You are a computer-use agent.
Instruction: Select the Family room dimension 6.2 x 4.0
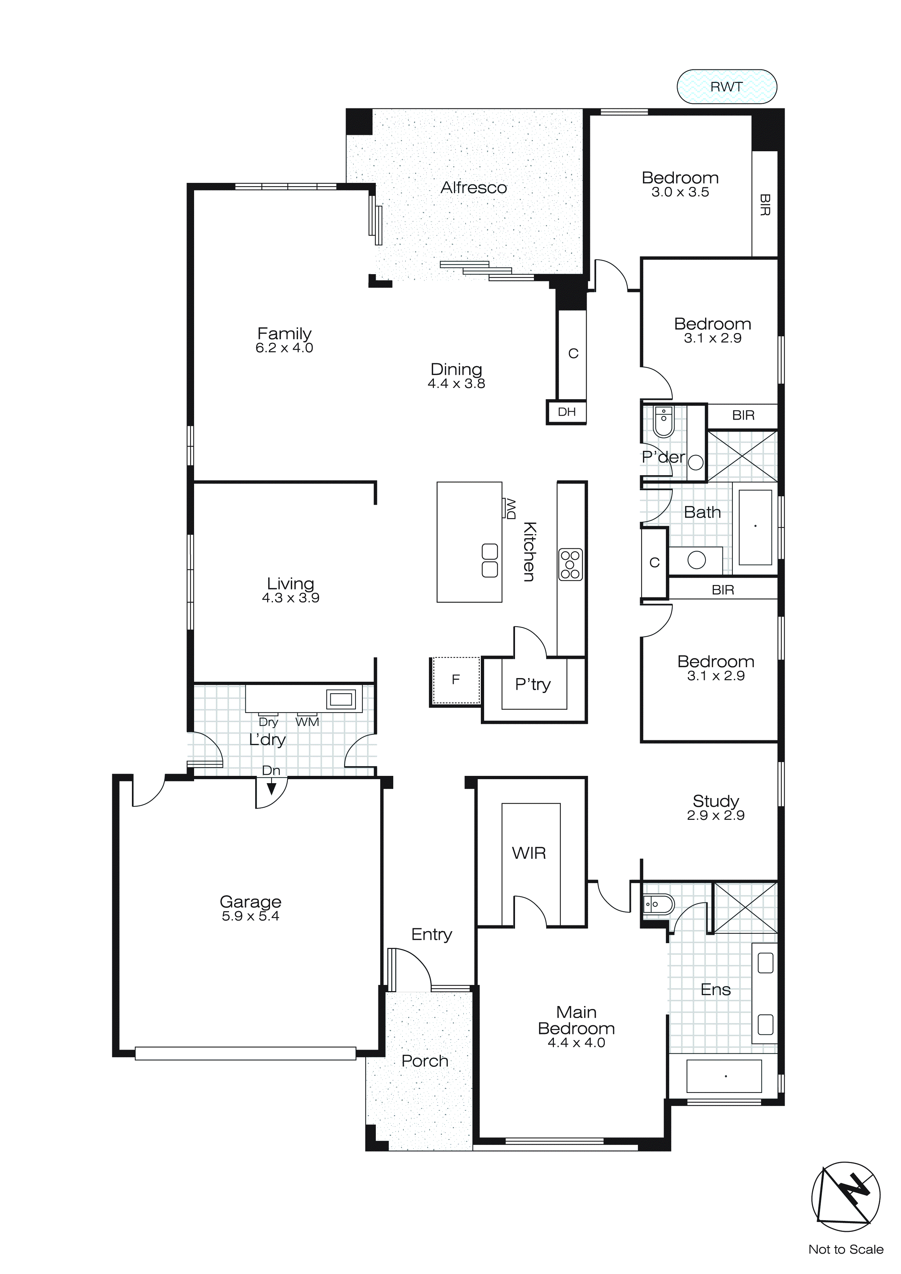tap(284, 348)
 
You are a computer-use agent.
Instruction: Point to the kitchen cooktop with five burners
tap(570, 564)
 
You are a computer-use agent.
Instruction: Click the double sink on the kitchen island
tap(489, 560)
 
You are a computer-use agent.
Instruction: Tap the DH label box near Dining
tap(567, 412)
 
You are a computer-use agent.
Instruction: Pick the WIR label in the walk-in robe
tap(529, 853)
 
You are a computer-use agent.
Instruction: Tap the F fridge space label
tap(455, 679)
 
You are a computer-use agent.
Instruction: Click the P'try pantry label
tap(532, 684)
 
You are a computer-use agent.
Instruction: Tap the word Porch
tap(425, 1061)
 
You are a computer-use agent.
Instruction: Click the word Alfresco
tap(473, 188)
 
